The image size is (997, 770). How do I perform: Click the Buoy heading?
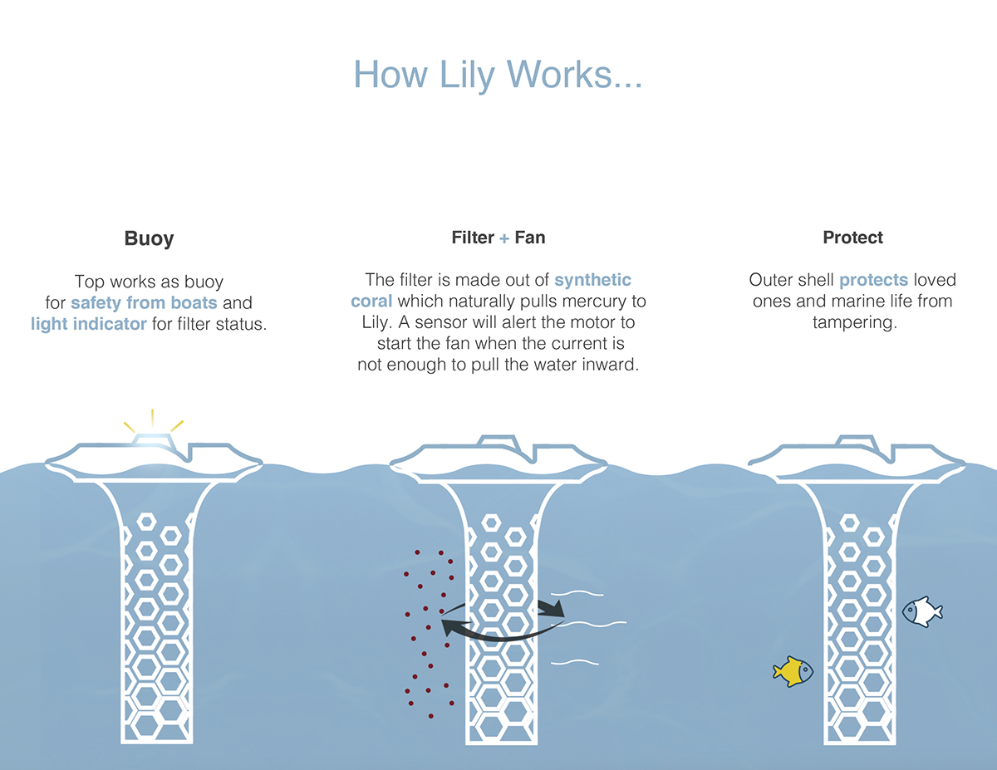tap(149, 238)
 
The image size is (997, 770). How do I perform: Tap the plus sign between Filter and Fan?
tap(504, 238)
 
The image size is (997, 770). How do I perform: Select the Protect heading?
tap(852, 238)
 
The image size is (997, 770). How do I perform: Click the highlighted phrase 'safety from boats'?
tap(144, 303)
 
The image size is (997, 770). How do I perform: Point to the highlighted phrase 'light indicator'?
tap(89, 324)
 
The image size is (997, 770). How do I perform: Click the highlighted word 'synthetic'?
tap(592, 280)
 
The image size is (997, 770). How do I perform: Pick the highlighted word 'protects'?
tap(873, 280)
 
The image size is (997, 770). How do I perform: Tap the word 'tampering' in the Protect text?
tap(855, 322)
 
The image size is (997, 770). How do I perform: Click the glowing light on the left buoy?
tap(153, 439)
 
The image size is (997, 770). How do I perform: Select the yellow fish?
tap(793, 671)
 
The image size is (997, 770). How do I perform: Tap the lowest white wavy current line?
tap(576, 663)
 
